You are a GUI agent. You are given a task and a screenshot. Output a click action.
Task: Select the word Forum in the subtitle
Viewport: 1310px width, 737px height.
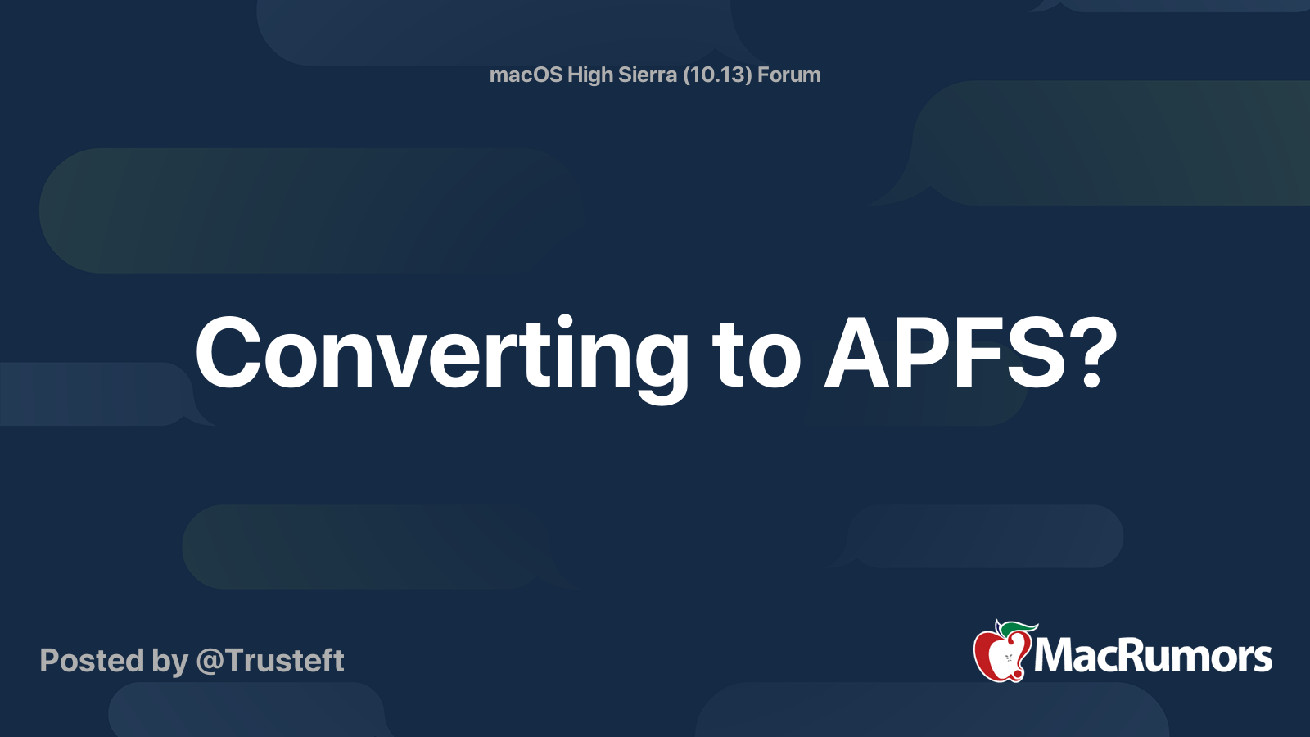[789, 75]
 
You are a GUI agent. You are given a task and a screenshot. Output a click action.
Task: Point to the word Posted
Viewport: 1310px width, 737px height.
[92, 660]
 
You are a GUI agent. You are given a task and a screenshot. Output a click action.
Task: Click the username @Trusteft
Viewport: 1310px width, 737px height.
[269, 661]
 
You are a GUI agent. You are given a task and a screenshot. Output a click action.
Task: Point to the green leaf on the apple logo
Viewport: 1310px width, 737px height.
[1019, 629]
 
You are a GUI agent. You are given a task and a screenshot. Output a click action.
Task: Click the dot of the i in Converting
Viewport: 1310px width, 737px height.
[565, 320]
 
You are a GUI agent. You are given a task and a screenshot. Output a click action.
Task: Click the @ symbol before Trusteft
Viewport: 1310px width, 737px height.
[210, 662]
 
